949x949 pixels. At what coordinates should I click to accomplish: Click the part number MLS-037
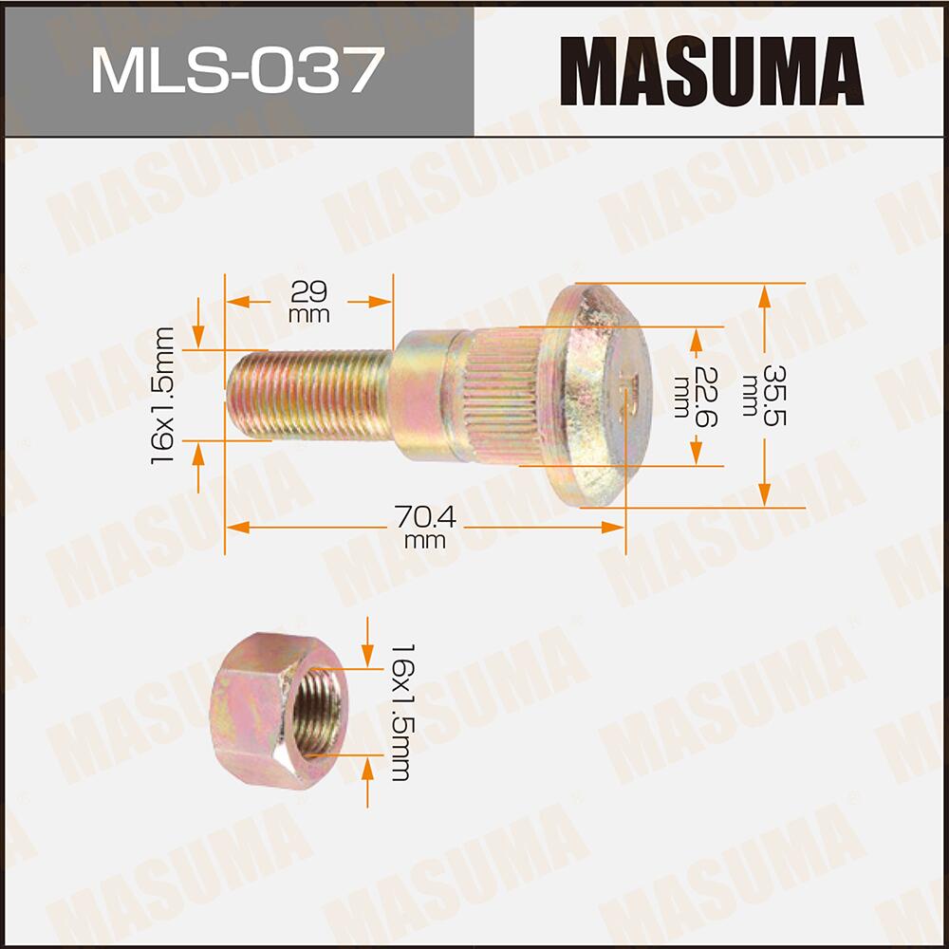(236, 71)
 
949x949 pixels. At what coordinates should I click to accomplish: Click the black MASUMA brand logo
(711, 71)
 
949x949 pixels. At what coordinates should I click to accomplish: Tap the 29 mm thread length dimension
(308, 300)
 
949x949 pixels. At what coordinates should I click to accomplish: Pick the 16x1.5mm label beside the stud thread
(165, 394)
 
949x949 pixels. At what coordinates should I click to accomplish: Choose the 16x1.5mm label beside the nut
(400, 712)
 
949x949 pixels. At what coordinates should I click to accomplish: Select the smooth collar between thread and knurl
(427, 394)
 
